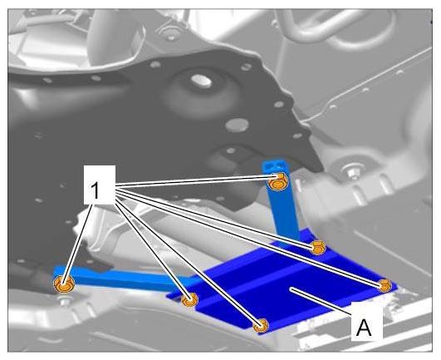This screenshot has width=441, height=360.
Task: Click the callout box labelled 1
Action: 100,185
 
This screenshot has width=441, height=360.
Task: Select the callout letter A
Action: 364,328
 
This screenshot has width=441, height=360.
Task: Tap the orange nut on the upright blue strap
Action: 277,182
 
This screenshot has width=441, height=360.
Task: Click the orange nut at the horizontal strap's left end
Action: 64,284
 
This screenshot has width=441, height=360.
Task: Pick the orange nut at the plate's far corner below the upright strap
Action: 318,248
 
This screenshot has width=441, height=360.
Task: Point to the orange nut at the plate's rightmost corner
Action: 385,285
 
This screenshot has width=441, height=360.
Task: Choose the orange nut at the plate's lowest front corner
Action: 261,325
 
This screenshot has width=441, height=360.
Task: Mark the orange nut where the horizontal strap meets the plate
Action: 189,299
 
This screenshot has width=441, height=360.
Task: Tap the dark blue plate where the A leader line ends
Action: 292,288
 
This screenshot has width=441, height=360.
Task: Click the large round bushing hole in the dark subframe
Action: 201,81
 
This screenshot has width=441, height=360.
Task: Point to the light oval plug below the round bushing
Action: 237,126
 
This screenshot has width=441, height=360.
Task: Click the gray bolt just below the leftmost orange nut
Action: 66,302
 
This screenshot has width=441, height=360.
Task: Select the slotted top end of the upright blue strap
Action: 273,166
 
